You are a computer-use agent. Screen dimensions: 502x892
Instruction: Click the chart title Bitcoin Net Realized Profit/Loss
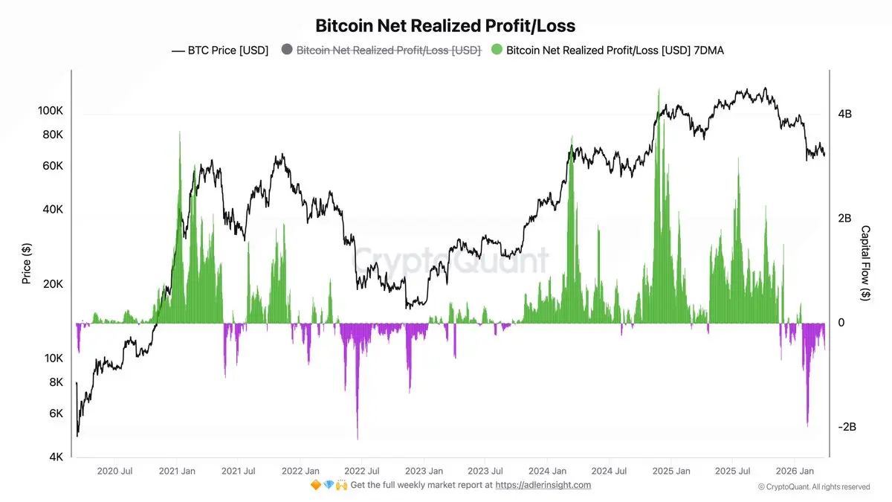pyautogui.click(x=445, y=26)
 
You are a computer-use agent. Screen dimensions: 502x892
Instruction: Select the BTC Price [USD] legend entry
pyautogui.click(x=220, y=51)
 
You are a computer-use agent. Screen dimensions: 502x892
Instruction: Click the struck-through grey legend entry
pyautogui.click(x=381, y=51)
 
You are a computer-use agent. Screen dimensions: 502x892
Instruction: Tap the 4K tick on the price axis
pyautogui.click(x=55, y=457)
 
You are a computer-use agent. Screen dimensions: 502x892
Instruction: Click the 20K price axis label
pyautogui.click(x=53, y=284)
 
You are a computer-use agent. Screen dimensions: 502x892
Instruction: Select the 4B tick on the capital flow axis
pyautogui.click(x=844, y=114)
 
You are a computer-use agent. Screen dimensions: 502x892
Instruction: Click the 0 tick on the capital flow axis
pyautogui.click(x=840, y=323)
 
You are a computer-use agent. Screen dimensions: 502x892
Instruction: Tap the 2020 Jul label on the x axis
pyautogui.click(x=115, y=471)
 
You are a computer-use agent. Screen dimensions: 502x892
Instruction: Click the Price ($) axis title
pyautogui.click(x=27, y=265)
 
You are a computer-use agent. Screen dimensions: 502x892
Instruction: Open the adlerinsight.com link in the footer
pyautogui.click(x=543, y=485)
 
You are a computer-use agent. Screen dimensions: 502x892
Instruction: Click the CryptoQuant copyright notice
pyautogui.click(x=814, y=487)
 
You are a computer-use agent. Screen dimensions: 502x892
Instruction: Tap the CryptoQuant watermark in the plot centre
pyautogui.click(x=450, y=260)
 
